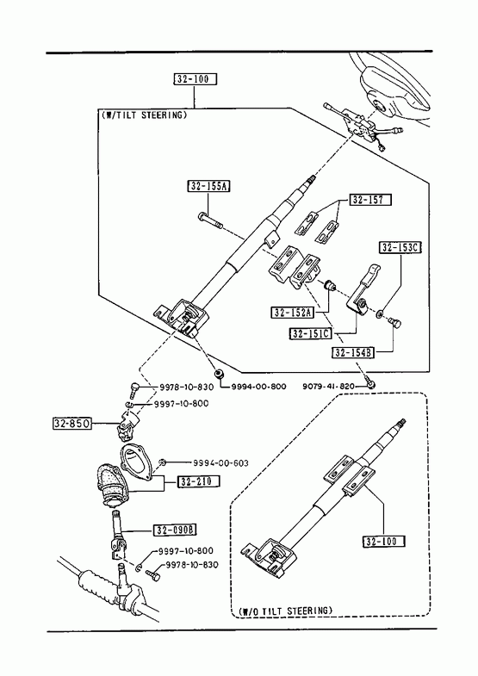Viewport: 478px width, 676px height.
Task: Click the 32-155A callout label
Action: tap(208, 186)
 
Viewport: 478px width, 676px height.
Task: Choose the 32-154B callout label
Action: tap(353, 353)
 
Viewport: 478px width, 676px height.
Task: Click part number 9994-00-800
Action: tap(258, 387)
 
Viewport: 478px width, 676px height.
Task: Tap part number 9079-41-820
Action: tap(328, 386)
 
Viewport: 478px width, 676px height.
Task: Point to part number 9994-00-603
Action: tap(220, 463)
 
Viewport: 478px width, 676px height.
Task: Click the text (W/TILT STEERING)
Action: tap(145, 115)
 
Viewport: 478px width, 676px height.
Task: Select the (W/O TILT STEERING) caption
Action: tap(286, 611)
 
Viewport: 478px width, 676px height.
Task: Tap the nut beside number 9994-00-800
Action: tap(220, 374)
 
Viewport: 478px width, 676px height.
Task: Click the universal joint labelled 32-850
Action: tap(129, 425)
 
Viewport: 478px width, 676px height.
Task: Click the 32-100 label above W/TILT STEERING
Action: tap(196, 79)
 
